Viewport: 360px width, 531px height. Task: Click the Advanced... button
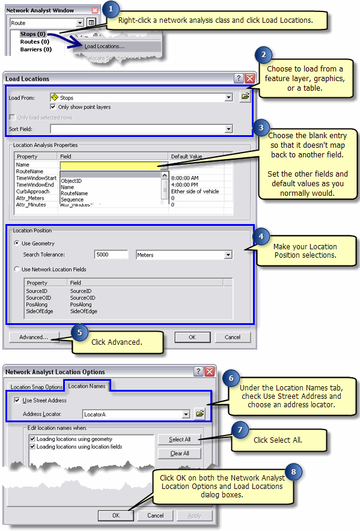click(34, 337)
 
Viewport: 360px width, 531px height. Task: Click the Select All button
click(180, 440)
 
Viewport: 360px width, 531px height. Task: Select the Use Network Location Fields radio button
click(17, 269)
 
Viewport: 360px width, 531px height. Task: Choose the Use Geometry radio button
click(17, 243)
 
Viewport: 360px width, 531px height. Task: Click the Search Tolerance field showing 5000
click(111, 255)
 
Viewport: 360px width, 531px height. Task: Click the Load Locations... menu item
click(105, 46)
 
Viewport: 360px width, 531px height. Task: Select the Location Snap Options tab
click(37, 387)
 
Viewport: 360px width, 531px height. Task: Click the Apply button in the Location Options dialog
click(195, 515)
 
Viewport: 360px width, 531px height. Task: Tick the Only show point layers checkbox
click(53, 107)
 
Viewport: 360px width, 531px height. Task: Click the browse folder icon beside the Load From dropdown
click(245, 96)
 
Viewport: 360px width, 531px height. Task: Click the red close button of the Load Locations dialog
click(249, 78)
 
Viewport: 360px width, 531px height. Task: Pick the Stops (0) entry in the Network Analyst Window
click(33, 34)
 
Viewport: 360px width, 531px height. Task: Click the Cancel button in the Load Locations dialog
click(233, 337)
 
